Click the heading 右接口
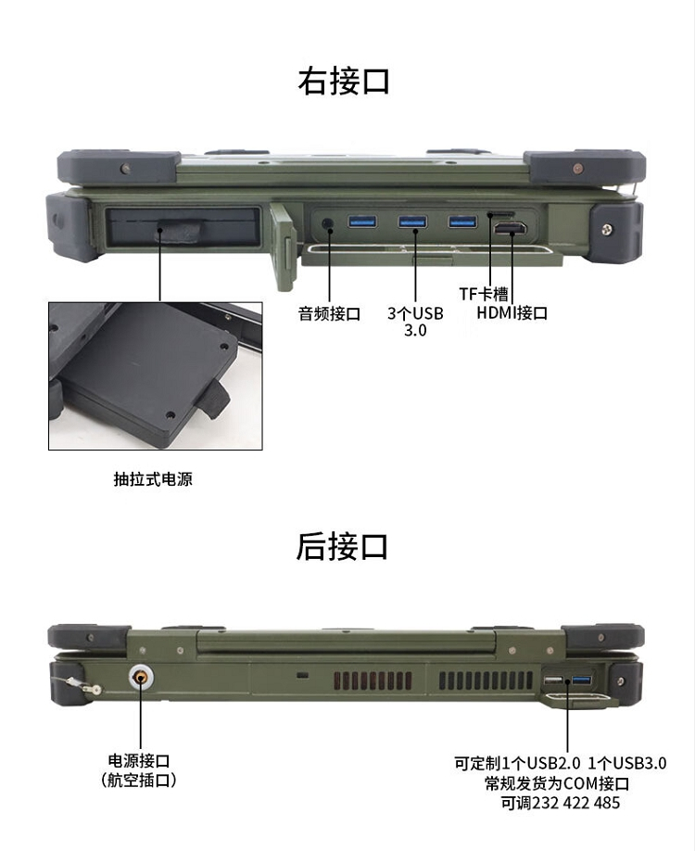344,82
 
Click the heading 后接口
342,546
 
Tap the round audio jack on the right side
328,223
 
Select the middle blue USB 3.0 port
412,222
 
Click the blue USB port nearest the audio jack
362,222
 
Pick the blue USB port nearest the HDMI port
462,222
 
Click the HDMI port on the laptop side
510,228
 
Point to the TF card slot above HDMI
501,214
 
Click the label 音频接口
329,313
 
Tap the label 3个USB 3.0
415,322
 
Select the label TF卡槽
484,294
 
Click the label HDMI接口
512,312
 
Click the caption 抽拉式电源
153,478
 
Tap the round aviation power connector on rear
141,677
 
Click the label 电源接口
139,760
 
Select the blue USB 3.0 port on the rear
581,680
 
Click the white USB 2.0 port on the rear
553,680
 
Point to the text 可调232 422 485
561,803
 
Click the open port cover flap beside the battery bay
284,246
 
